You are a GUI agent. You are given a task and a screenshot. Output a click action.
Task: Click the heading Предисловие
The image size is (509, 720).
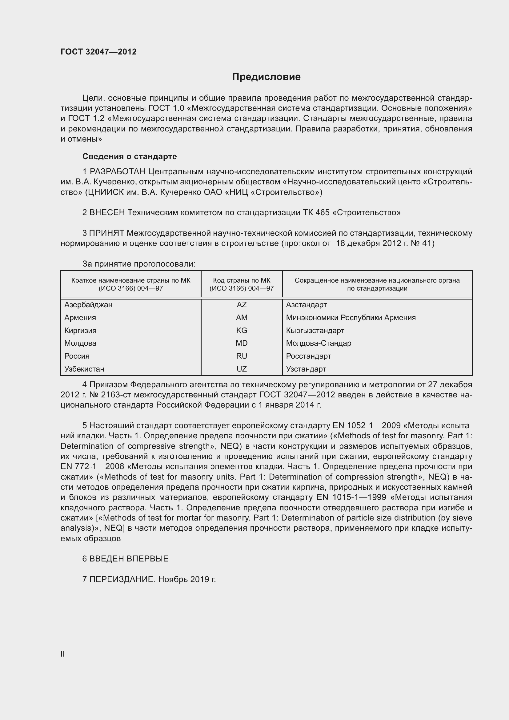(266, 77)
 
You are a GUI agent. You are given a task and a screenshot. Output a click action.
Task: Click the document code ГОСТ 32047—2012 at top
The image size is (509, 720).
(98, 52)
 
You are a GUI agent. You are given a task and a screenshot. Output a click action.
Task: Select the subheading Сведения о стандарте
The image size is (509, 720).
(130, 156)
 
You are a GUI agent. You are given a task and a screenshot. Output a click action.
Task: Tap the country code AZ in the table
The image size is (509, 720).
(241, 304)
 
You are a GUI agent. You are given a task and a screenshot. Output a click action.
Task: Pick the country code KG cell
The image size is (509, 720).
(241, 330)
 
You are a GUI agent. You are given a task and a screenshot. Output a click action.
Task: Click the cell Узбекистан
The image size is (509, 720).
(84, 369)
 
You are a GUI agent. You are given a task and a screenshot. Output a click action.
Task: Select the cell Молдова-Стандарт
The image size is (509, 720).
(320, 343)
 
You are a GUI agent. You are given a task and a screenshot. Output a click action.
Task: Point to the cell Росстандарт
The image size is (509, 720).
(308, 356)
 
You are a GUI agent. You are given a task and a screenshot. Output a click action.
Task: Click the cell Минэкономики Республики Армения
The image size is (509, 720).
(351, 317)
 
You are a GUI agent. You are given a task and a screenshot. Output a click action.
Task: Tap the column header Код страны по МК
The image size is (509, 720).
(241, 280)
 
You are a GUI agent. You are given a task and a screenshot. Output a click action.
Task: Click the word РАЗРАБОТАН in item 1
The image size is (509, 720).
(118, 171)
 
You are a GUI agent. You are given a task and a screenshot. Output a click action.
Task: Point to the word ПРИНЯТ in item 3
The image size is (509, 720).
(107, 233)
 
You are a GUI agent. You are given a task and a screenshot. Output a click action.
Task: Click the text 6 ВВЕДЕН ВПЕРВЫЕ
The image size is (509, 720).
(125, 558)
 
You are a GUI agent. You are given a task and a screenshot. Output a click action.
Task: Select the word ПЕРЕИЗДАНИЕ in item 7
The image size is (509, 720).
(122, 579)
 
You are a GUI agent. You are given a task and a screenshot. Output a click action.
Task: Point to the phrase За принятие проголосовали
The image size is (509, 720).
(139, 264)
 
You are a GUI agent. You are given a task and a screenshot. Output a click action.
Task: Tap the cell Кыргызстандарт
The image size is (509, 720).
(315, 330)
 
